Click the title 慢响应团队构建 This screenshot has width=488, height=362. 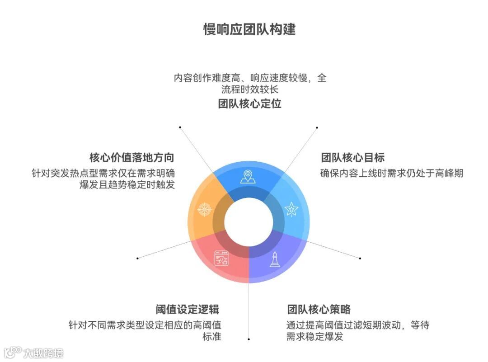tap(249, 29)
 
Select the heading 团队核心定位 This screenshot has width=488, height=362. tap(249, 103)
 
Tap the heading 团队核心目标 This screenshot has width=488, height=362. tap(352, 157)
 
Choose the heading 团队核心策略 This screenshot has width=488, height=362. tap(319, 310)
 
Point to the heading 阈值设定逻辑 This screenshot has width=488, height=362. tap(187, 310)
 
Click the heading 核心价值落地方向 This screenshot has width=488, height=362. tap(131, 157)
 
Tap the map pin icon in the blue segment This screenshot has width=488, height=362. tap(248, 177)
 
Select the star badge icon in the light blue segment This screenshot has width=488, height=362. tap(291, 209)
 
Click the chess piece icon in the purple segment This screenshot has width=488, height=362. tap(274, 259)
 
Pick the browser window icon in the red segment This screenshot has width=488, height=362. tap(221, 258)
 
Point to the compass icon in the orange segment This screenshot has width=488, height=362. tap(205, 210)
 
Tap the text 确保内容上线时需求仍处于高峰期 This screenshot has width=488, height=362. tap(391, 173)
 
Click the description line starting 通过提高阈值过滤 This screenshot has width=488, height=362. tap(357, 324)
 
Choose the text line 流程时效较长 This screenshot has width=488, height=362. tap(249, 89)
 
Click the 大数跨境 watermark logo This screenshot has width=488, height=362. tap(34, 352)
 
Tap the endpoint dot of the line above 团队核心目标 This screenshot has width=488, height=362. tap(317, 127)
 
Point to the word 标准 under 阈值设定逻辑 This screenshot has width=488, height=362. tap(211, 337)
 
